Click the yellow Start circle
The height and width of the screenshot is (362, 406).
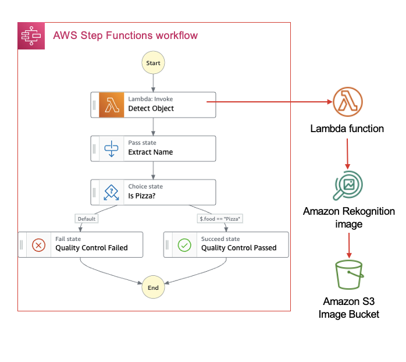click(154, 62)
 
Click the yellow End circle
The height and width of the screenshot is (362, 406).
click(154, 287)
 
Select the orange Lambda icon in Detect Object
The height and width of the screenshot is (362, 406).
click(112, 104)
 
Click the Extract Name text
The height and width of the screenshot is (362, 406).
click(150, 152)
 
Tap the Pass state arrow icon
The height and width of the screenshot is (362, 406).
click(111, 148)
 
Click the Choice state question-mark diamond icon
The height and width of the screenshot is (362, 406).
click(111, 192)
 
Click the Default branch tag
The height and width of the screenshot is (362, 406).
click(86, 219)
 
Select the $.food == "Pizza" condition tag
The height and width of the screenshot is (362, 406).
click(220, 219)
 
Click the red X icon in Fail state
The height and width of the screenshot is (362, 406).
click(38, 244)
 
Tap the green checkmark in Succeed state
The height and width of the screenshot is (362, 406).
click(184, 244)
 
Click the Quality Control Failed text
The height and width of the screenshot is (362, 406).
click(91, 248)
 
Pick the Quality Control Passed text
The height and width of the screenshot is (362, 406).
click(238, 248)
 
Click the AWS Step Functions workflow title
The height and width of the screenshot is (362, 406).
click(125, 36)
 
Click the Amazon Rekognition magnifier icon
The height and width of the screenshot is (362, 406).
click(348, 186)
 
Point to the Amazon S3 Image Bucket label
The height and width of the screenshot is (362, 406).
click(348, 308)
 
